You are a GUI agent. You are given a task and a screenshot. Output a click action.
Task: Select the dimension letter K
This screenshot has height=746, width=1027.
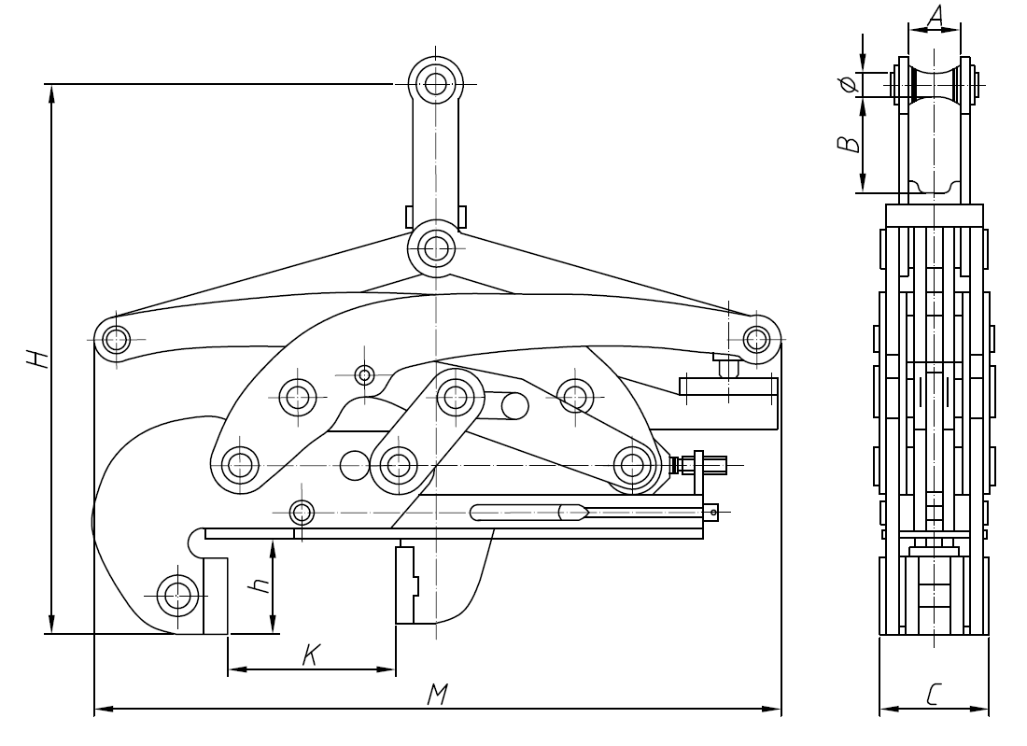coord(312,655)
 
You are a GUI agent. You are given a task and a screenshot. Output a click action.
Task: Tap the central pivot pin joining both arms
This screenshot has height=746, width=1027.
coord(435,247)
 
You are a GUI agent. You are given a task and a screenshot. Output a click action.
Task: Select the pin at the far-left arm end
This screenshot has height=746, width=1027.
coord(115,337)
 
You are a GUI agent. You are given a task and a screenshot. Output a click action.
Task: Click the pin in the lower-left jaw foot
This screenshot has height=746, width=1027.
coord(176,593)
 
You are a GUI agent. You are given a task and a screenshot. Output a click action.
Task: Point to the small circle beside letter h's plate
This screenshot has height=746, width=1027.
coord(302,512)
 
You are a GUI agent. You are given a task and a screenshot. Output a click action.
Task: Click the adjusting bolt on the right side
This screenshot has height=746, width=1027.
coord(700,463)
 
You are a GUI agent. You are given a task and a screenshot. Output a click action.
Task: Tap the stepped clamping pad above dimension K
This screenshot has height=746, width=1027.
coord(407,585)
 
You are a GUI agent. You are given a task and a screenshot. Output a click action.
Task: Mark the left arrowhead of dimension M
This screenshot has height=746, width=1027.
coord(99,709)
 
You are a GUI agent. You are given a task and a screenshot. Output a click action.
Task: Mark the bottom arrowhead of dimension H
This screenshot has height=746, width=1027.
coord(51,627)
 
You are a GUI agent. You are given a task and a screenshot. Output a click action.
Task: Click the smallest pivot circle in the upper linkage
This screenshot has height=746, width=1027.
coord(365,375)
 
